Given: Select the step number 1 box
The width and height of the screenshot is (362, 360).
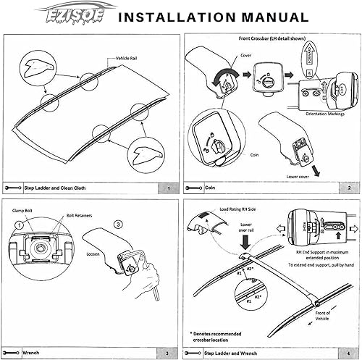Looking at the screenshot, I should [167, 188].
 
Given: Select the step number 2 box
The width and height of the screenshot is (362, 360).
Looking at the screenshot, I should [350, 188].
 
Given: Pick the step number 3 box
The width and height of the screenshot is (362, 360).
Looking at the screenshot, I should [167, 355].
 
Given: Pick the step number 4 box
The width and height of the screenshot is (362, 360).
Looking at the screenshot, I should [350, 355].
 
